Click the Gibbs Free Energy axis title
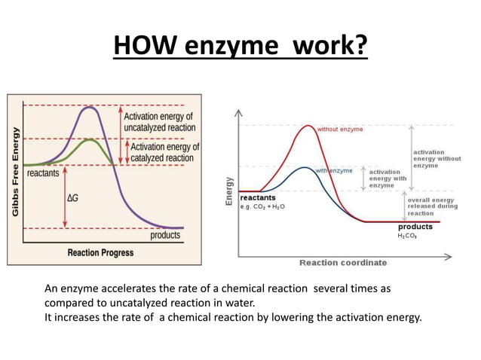tap(15, 172)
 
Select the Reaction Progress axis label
tap(100, 252)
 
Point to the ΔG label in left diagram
tap(74, 198)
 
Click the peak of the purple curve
tap(90, 108)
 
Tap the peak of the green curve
tap(90, 139)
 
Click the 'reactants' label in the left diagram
tap(43, 173)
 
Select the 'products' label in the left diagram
tap(165, 235)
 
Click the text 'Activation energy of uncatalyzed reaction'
tap(159, 122)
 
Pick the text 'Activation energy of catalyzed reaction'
tap(164, 152)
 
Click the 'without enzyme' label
tap(339, 130)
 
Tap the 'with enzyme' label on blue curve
tap(334, 171)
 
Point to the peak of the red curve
tap(307, 126)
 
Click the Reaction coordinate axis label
tap(343, 263)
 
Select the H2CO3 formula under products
tap(407, 236)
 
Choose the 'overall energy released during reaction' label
tap(432, 206)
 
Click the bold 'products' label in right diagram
tap(415, 226)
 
